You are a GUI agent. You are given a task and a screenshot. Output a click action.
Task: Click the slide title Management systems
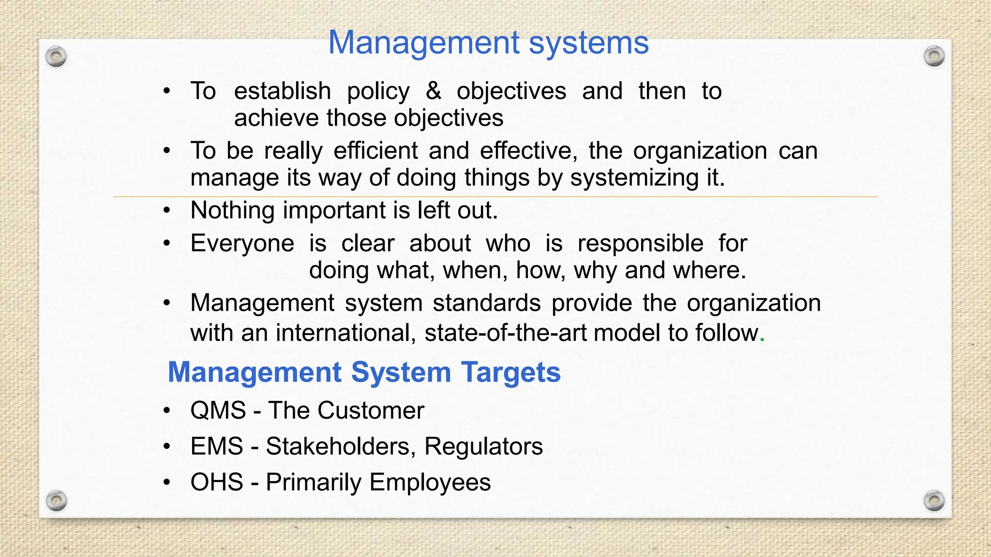[488, 43]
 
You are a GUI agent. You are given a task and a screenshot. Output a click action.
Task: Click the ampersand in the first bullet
[433, 91]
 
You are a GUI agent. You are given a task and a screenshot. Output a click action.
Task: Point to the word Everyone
[242, 243]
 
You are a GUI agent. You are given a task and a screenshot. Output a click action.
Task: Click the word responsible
[640, 243]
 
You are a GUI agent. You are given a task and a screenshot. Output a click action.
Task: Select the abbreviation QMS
[218, 410]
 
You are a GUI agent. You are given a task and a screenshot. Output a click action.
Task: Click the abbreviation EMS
[216, 446]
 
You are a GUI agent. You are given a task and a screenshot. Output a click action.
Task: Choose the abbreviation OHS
[216, 483]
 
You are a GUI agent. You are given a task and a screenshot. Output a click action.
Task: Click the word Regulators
[483, 446]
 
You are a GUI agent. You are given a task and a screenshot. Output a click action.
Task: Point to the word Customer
[371, 410]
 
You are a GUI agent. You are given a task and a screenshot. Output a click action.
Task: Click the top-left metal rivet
[56, 57]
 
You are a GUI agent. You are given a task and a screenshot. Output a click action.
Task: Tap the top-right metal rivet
[934, 57]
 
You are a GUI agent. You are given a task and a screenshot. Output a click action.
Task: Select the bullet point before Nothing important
[167, 211]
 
